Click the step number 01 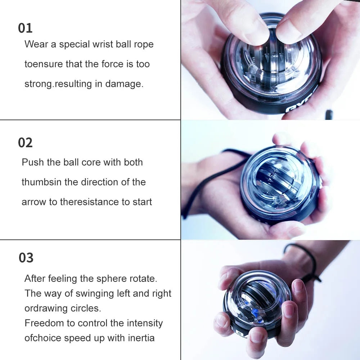pyautogui.click(x=25, y=28)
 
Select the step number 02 pyautogui.click(x=25, y=143)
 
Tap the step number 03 pyautogui.click(x=26, y=258)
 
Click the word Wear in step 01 pyautogui.click(x=35, y=44)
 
